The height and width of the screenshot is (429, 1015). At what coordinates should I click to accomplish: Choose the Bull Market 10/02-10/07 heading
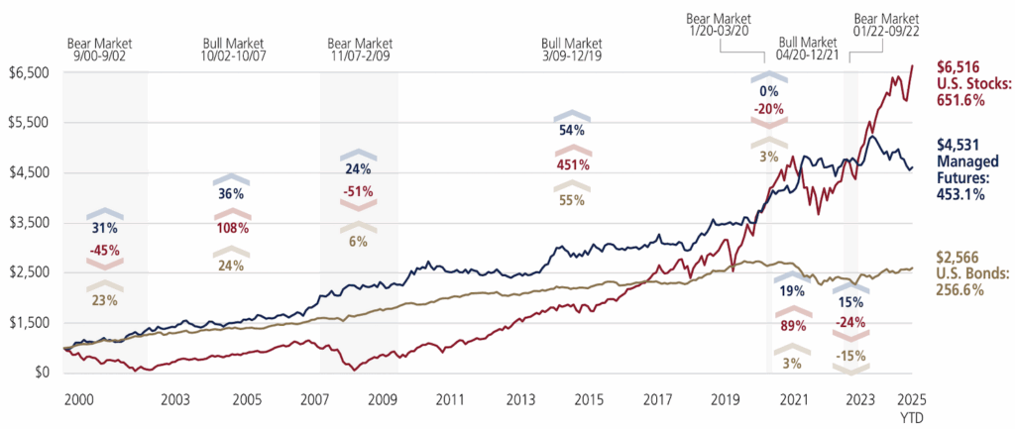coord(235,51)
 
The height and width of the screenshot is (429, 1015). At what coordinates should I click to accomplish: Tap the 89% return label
coord(791,326)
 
